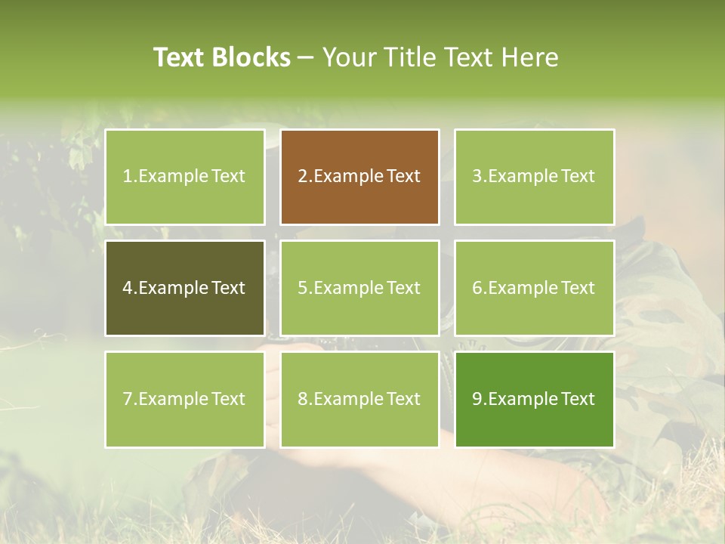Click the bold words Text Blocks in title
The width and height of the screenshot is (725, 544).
pos(222,57)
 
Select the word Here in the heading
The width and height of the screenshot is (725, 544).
pos(529,57)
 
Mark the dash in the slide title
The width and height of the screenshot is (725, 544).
pos(306,57)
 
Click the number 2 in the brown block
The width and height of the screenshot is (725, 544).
pos(303,176)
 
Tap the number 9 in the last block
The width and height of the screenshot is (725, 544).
pos(477,399)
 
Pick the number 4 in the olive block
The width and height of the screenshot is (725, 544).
pos(128,288)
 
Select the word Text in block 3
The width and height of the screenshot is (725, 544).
pos(578,176)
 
